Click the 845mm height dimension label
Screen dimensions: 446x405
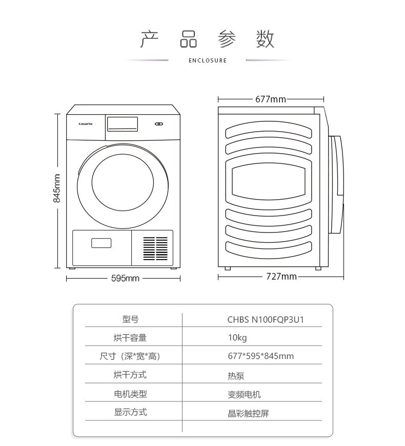(57, 188)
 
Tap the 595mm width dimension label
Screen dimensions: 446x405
(126, 278)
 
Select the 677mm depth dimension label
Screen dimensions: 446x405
(270, 99)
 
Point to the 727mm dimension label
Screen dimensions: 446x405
(281, 277)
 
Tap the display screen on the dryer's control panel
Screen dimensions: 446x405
(122, 123)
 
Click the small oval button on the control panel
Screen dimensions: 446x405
(158, 123)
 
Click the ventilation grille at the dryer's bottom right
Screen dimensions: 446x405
(155, 248)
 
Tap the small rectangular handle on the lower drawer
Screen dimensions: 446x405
(101, 243)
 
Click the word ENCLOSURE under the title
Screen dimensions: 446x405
(208, 60)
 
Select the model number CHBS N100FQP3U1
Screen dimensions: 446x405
(266, 320)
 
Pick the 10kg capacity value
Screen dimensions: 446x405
(237, 338)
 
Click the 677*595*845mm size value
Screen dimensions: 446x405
(260, 356)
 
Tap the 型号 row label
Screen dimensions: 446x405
(130, 319)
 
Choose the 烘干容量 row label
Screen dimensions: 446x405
(130, 337)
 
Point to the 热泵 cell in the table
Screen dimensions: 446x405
(236, 375)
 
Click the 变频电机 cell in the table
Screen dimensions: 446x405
(244, 394)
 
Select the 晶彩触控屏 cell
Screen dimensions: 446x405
(248, 413)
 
